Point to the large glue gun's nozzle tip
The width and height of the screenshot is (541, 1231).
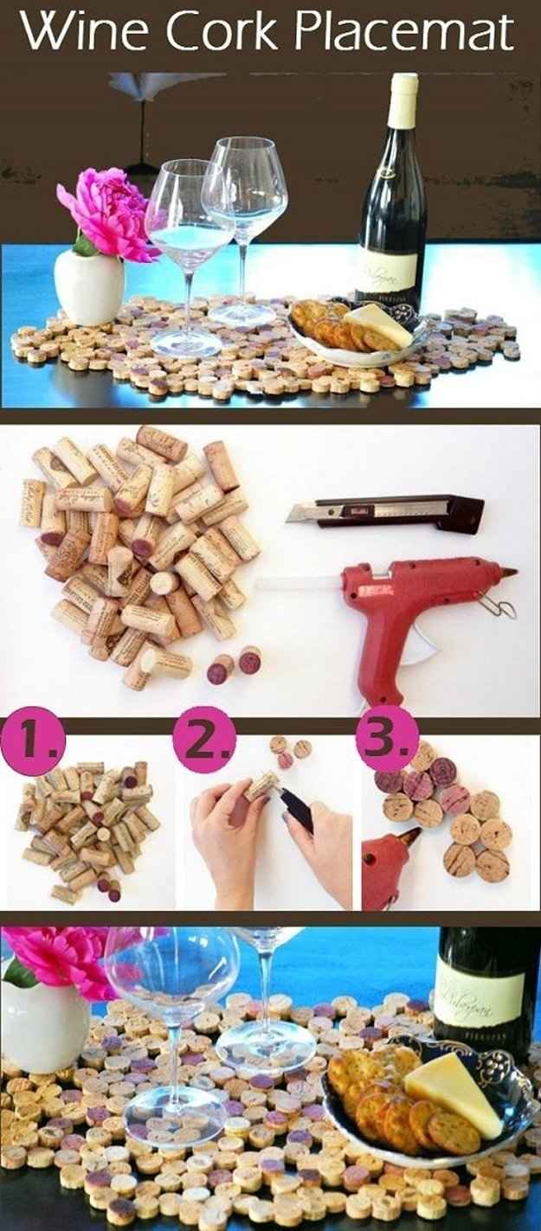(511, 572)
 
